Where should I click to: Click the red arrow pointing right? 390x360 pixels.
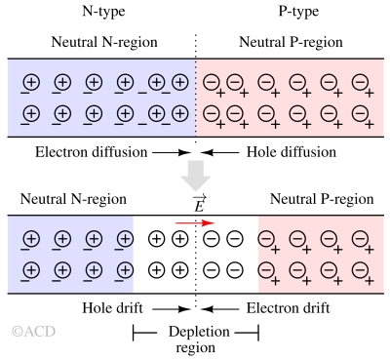(195, 223)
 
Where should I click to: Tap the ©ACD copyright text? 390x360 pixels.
(33, 332)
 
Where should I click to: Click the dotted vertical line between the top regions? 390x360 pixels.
(196, 98)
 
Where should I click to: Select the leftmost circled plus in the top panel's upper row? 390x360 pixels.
(31, 83)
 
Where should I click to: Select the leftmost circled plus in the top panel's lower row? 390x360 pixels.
(31, 114)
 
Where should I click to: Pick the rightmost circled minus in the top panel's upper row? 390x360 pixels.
(360, 83)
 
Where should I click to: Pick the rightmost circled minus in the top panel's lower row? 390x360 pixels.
(360, 114)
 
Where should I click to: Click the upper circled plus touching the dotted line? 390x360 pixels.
(180, 83)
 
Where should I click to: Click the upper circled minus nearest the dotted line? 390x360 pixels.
(211, 83)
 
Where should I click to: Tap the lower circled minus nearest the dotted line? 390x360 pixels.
(211, 114)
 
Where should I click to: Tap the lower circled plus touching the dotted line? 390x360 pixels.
(180, 114)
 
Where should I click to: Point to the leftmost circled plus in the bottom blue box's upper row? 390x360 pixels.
(31, 238)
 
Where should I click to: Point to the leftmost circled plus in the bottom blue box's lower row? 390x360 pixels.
(31, 269)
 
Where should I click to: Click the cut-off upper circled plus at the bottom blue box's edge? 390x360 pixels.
(126, 238)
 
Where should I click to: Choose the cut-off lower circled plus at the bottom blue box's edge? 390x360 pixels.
(126, 269)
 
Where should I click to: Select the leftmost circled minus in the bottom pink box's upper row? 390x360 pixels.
(266, 238)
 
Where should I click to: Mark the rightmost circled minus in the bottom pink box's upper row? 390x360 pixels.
(360, 238)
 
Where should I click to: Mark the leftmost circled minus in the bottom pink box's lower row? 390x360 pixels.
(266, 269)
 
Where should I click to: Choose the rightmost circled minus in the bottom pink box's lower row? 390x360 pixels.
(360, 269)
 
